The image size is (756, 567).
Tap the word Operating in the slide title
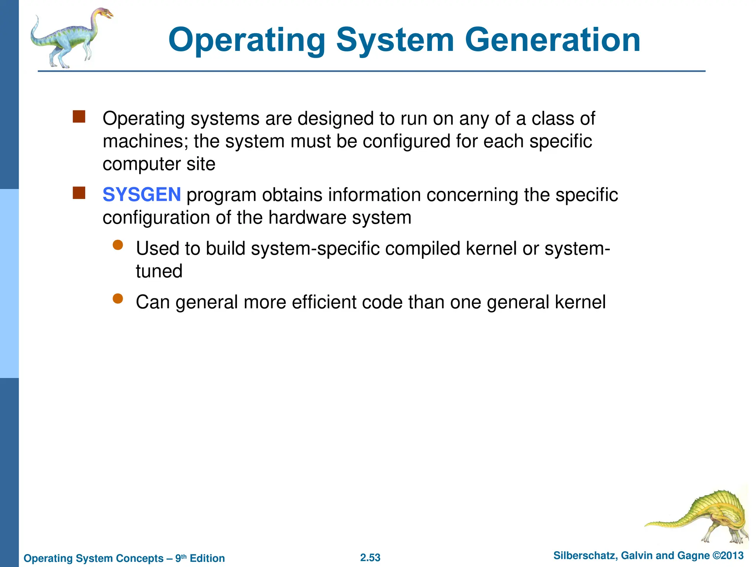247,41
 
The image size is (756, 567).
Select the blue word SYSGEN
142,195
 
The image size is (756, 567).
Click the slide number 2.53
370,557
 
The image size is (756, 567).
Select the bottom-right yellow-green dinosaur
701,517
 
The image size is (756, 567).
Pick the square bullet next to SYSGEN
79,193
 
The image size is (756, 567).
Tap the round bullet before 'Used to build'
118,245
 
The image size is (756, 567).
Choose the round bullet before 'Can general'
118,299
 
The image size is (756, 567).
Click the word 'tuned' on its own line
159,271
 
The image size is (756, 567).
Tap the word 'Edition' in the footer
207,558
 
